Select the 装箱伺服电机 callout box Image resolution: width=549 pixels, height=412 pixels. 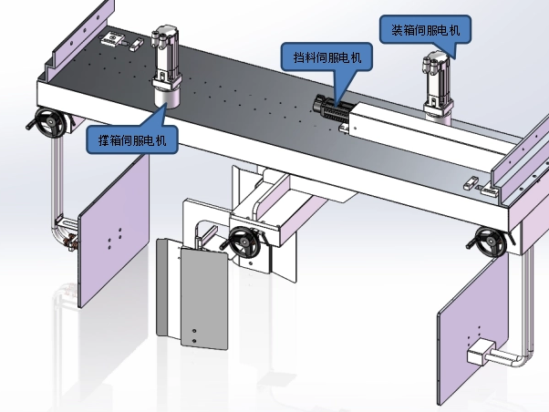[426, 30]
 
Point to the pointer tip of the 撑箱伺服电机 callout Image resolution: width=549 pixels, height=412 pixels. [165, 108]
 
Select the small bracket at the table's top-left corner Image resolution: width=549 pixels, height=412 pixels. [116, 38]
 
